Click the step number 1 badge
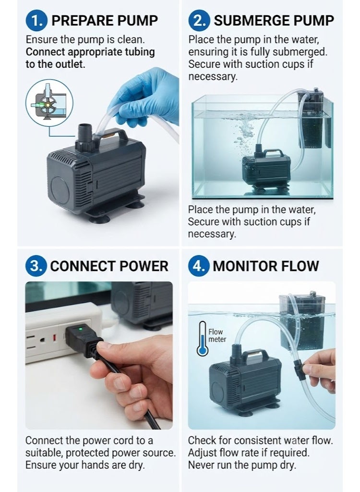click(x=36, y=21)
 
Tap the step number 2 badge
click(x=199, y=21)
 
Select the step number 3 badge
click(x=36, y=266)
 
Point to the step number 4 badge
click(x=199, y=266)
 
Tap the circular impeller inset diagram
click(x=49, y=103)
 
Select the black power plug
click(x=83, y=340)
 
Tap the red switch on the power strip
click(x=54, y=339)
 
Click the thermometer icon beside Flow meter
click(x=202, y=339)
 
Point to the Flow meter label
click(x=217, y=335)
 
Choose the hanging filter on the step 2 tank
click(x=314, y=119)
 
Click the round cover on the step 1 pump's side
click(x=60, y=190)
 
